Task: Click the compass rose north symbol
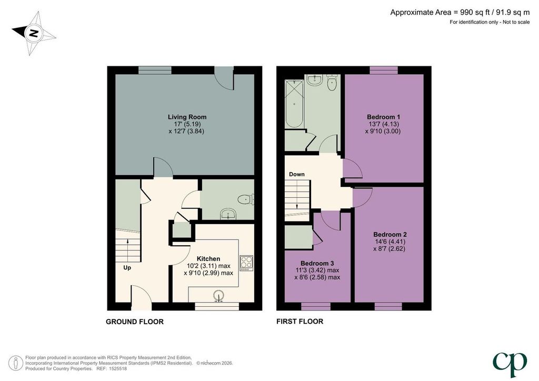coord(34,33)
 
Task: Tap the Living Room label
coord(187,117)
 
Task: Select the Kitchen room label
coord(208,259)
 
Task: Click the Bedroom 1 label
coord(383,117)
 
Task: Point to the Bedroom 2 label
coord(390,234)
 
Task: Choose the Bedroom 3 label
coord(317,263)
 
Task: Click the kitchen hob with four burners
coord(246,263)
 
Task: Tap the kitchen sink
coord(218,296)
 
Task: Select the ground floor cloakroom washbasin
coord(228,214)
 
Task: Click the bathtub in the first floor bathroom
coord(294,104)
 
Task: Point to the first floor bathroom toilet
coord(332,83)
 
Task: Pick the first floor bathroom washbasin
coord(315,79)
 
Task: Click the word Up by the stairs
coord(127,267)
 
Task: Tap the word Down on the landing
coord(297,174)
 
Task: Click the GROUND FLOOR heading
coord(135,322)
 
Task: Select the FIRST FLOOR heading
coord(300,321)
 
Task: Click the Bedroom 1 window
coord(384,70)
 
